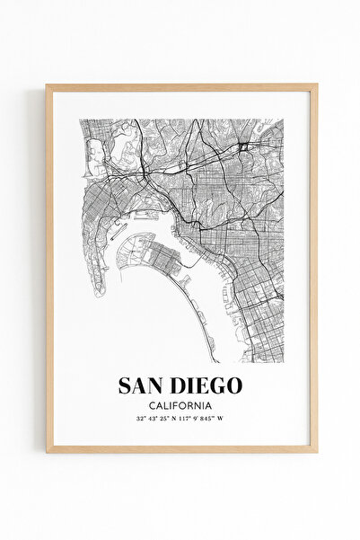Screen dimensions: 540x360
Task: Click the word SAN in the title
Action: pos(142,385)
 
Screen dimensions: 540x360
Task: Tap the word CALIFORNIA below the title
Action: pos(180,405)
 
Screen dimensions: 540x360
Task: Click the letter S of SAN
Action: pos(126,385)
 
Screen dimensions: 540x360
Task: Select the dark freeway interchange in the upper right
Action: pos(243,146)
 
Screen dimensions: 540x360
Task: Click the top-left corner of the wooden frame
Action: pos(48,87)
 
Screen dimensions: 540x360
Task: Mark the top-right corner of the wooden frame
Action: pos(315,87)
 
